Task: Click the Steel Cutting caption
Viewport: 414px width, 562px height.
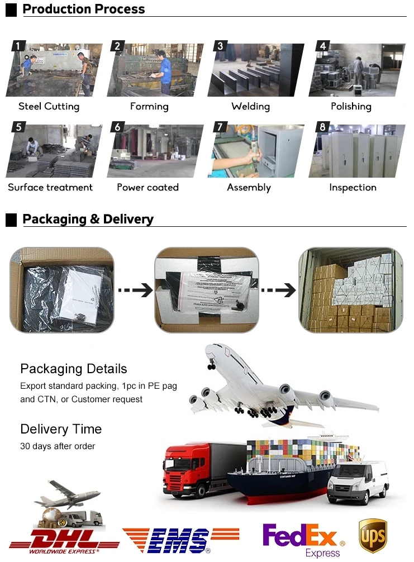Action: pos(49,107)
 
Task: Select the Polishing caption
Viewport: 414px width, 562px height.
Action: pos(351,107)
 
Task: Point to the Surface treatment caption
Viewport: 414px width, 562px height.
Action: pos(50,188)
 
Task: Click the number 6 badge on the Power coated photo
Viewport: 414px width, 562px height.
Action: pos(117,127)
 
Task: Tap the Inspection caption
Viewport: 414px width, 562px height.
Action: pos(353,188)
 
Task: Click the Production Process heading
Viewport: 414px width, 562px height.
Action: pos(83,9)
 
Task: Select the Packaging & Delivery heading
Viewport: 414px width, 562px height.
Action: pos(88,219)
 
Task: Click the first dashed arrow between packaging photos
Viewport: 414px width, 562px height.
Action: pos(135,290)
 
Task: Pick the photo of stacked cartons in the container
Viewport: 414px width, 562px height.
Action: pos(351,290)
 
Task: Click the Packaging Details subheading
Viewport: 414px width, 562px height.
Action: pos(74,369)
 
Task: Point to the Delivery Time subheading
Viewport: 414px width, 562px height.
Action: pos(61,429)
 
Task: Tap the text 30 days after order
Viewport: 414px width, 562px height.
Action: pos(58,446)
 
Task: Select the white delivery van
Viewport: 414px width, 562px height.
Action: pos(358,482)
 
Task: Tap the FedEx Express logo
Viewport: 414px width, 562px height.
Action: pos(303,540)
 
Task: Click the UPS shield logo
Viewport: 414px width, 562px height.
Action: pos(373,536)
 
